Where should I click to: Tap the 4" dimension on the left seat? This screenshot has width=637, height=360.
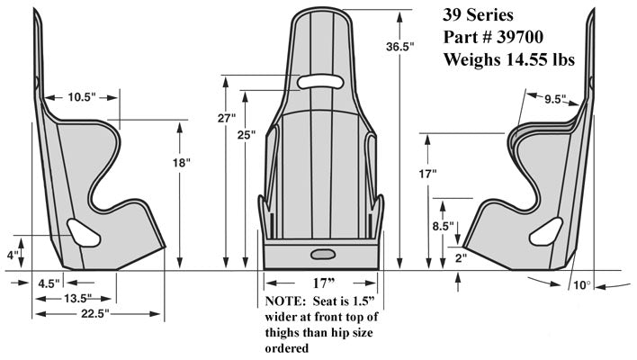[x=13, y=256]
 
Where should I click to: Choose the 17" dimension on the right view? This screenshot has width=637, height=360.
[x=427, y=172]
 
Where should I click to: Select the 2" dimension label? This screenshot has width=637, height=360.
[x=461, y=257]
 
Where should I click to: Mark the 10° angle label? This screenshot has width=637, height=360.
[x=583, y=286]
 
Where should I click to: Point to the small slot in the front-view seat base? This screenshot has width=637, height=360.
[x=322, y=252]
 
